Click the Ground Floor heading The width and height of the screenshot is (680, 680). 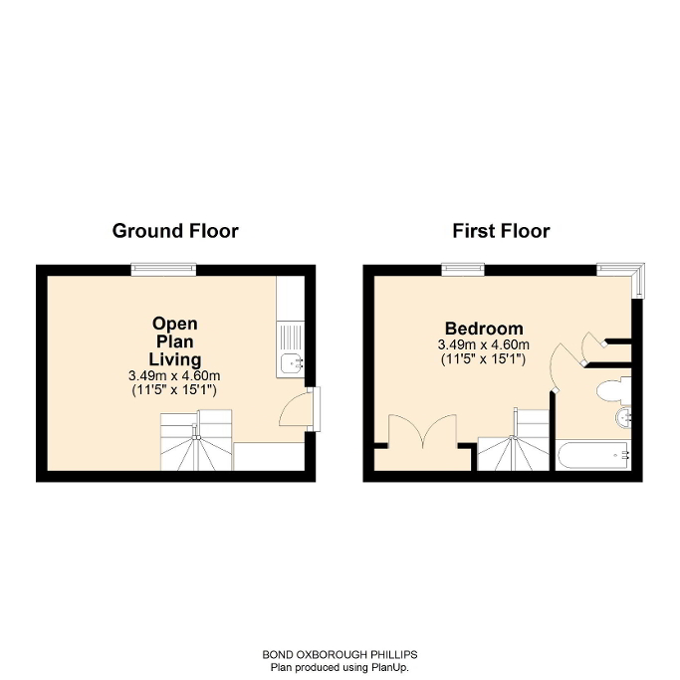(175, 231)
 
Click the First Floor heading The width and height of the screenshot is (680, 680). (501, 231)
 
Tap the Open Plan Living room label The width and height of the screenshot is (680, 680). (175, 340)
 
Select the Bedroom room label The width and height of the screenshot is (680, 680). (484, 329)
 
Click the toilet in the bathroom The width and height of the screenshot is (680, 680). (606, 389)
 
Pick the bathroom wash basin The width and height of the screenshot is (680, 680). (623, 417)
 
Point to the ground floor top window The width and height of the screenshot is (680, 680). (164, 268)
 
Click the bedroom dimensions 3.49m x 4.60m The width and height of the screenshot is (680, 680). (484, 344)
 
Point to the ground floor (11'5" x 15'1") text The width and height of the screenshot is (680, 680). (175, 389)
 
